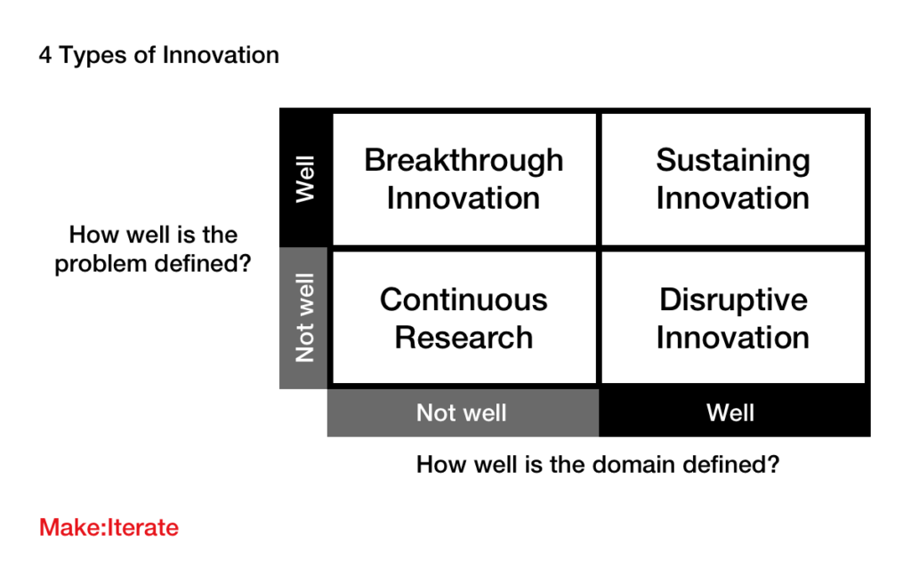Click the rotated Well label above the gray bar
coord(305,180)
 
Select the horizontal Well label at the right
coord(730,413)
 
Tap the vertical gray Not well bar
coord(302,317)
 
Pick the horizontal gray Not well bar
coord(462,413)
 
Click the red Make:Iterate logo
coord(109,528)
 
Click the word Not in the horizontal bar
coord(436,413)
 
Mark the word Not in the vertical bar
coord(305,344)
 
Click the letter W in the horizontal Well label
coord(718,413)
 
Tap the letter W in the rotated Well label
coord(305,192)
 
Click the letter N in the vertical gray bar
coord(305,354)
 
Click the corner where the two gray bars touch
coord(327,389)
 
